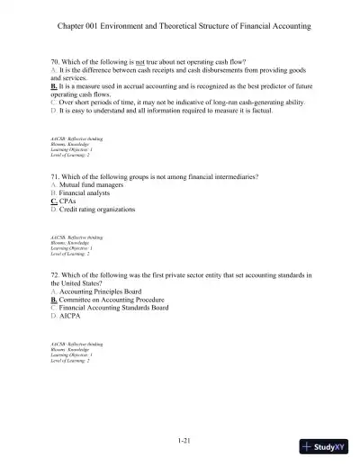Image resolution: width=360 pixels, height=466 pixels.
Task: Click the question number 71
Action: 55,177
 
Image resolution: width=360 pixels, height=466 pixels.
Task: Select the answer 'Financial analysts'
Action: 88,193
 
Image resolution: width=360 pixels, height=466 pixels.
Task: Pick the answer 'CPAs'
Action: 69,202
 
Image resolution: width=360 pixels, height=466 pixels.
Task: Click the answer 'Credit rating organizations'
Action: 98,210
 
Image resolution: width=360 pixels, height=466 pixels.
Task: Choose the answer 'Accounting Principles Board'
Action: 100,292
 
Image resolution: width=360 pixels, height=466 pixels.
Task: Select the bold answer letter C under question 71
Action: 53,202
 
